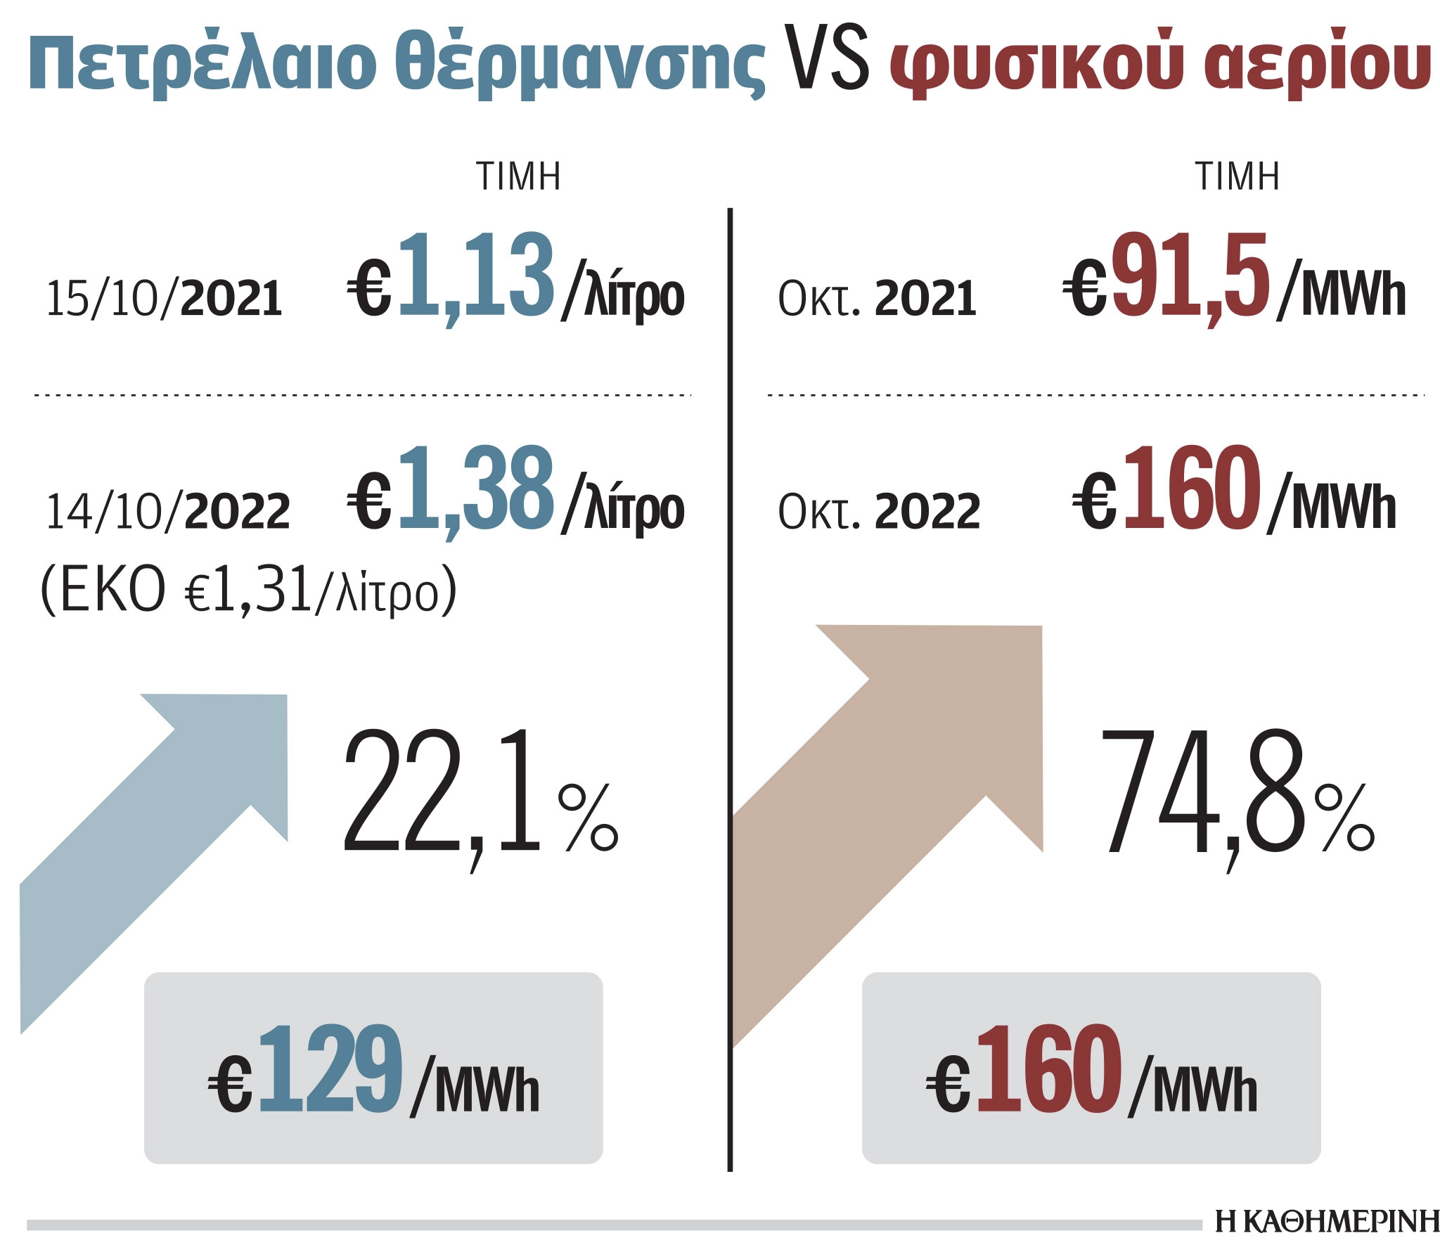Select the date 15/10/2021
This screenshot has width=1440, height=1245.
coord(164,298)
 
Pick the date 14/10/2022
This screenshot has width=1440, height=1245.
coord(167,511)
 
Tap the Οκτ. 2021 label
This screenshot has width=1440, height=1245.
coord(877,298)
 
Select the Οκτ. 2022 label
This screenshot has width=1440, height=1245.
coord(879,511)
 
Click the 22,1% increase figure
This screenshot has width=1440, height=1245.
coord(481,798)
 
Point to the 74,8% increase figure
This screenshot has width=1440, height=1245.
coord(1237,798)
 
